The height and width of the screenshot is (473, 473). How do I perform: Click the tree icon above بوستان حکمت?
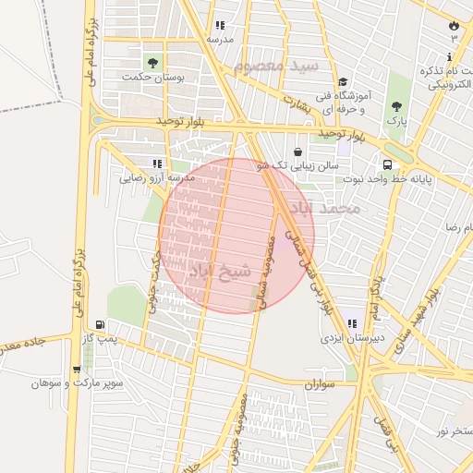click(152, 63)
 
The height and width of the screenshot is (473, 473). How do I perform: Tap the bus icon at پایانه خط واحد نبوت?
click(385, 165)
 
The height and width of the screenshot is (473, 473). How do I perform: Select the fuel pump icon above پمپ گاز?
click(99, 325)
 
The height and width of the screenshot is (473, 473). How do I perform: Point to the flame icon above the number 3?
click(454, 25)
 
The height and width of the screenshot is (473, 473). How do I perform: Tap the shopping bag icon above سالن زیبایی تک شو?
click(297, 152)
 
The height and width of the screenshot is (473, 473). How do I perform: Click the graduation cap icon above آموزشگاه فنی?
click(343, 82)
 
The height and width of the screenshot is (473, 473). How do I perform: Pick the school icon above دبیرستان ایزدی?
click(352, 324)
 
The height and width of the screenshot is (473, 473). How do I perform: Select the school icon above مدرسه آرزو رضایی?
click(157, 164)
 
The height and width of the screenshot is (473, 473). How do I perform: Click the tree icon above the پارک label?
click(396, 107)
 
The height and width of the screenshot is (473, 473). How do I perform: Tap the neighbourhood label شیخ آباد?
click(220, 272)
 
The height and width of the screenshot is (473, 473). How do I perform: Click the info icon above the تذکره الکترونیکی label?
click(449, 57)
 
